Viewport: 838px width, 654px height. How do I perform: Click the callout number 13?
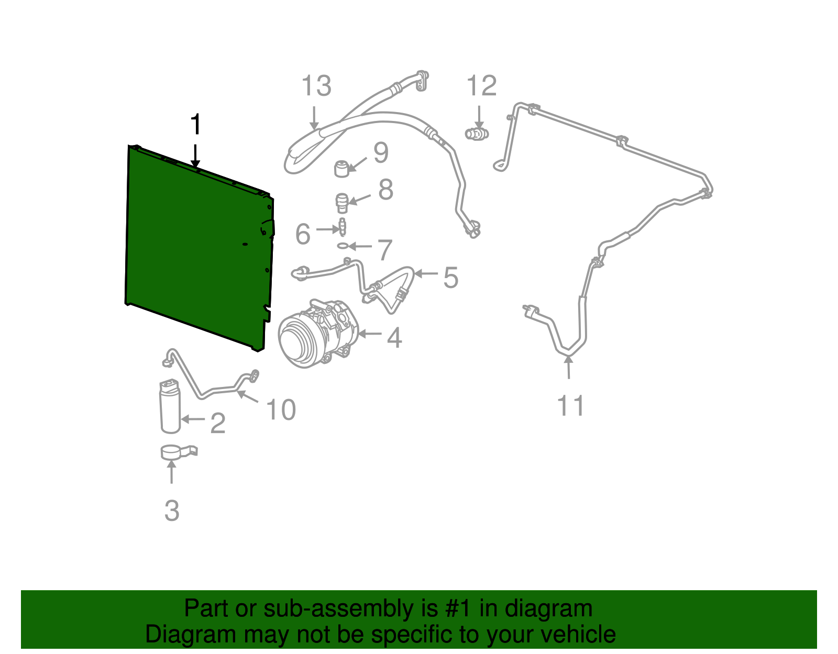[x=316, y=85]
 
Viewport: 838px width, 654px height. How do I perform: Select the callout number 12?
[x=482, y=85]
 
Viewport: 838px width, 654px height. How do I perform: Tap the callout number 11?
[x=571, y=405]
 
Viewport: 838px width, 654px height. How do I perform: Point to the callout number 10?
[x=281, y=409]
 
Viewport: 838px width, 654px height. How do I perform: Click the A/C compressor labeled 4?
[x=318, y=333]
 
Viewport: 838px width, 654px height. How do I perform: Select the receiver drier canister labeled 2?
[x=170, y=406]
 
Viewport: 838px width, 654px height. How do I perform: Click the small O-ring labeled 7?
[x=343, y=246]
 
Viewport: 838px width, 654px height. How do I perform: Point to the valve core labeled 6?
[x=342, y=227]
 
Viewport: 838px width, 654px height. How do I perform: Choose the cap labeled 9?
[x=341, y=169]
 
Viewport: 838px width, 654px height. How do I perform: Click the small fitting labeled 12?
[x=477, y=134]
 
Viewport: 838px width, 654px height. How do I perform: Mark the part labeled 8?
[x=342, y=203]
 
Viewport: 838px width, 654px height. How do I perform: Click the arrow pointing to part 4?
[x=369, y=334]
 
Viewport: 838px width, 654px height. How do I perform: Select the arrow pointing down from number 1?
[x=195, y=156]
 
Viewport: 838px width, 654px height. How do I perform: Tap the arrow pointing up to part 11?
[x=568, y=367]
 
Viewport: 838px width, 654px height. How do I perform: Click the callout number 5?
[x=450, y=278]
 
